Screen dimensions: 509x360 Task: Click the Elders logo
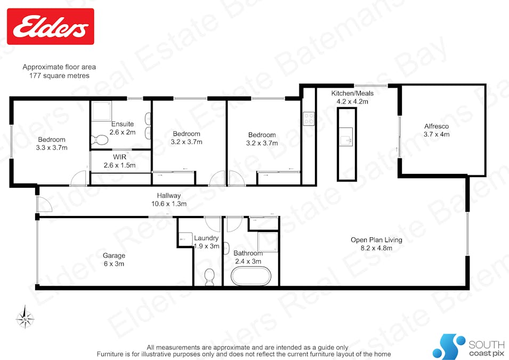click(x=50, y=26)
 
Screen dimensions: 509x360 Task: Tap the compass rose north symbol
click(x=25, y=318)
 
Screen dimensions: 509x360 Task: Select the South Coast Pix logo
click(x=468, y=346)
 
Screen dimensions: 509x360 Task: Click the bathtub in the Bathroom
click(x=251, y=276)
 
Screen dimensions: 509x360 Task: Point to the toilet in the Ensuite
click(x=99, y=140)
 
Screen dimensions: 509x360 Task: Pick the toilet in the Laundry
click(x=209, y=277)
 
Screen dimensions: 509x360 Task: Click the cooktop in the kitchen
click(x=309, y=118)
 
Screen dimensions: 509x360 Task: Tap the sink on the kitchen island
click(x=346, y=137)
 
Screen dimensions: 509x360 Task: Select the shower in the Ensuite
click(x=101, y=111)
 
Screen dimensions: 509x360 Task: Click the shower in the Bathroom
click(x=268, y=242)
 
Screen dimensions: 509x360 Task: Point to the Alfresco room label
click(x=437, y=126)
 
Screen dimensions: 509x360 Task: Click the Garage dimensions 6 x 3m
click(x=114, y=263)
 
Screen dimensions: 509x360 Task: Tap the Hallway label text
click(x=169, y=195)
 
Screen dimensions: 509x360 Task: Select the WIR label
click(x=120, y=157)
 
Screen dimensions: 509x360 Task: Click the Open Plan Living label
click(x=376, y=240)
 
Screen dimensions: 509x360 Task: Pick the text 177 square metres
click(x=59, y=75)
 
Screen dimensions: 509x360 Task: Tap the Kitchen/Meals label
click(x=352, y=93)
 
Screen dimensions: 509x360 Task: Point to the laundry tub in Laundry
click(x=185, y=239)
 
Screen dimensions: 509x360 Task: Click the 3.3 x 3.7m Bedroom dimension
click(x=52, y=148)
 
